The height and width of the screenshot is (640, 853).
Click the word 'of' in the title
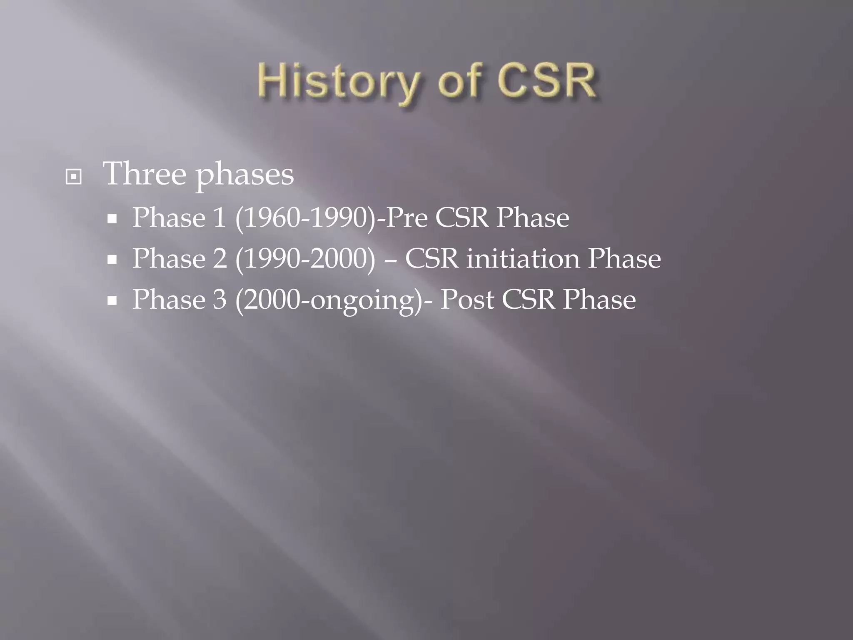pyautogui.click(x=459, y=81)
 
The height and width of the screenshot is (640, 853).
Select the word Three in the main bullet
pyautogui.click(x=145, y=174)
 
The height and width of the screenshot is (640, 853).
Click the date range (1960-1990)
pyautogui.click(x=305, y=218)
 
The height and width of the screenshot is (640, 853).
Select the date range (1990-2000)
pyautogui.click(x=305, y=259)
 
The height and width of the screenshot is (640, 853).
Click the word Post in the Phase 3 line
pyautogui.click(x=467, y=300)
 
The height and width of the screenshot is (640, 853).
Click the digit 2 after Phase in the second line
pyautogui.click(x=220, y=259)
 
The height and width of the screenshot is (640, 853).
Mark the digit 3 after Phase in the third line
pyautogui.click(x=220, y=300)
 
